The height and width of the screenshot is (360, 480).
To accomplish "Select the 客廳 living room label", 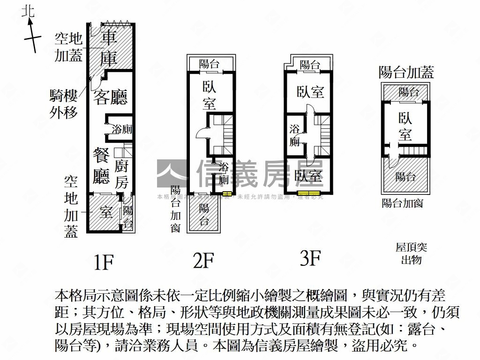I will pos(111,97).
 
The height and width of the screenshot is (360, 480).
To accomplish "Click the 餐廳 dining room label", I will pos(102,165).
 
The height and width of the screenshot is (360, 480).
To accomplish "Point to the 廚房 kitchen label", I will pos(121,173).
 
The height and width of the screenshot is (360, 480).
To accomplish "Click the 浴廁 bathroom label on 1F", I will pos(121,129).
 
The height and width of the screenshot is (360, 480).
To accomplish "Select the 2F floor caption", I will pos(203,261).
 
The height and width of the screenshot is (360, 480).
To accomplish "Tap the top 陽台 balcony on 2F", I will pos(209,64).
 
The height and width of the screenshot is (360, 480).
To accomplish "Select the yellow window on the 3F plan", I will pos(310,193).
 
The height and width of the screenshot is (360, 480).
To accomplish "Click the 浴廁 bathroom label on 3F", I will pos(295,135).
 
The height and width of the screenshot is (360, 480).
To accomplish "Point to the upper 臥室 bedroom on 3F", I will pos(310,91).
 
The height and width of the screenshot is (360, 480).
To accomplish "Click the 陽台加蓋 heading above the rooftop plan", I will pos(406,72).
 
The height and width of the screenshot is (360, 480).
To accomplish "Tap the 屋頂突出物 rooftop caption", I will pos(411,254).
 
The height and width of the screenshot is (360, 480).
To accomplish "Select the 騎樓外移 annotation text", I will pos(63,104).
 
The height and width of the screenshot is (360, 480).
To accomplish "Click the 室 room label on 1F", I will pos(106,212).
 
